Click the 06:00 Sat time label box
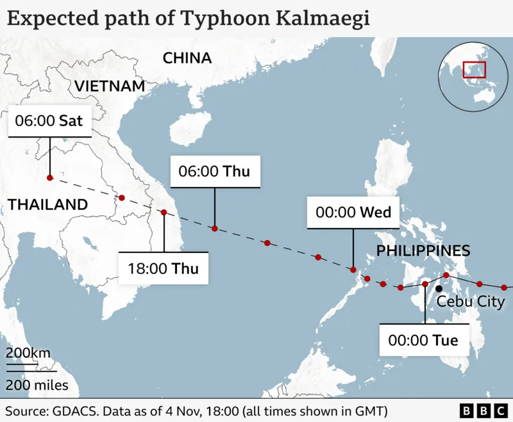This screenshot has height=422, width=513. [x=49, y=120]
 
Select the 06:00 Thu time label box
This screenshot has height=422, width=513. [x=215, y=172]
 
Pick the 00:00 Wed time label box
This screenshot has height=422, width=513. [x=353, y=212]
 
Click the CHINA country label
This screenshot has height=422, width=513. [x=187, y=58]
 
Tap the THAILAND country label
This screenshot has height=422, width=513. [x=47, y=205]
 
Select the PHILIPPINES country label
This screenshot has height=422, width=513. [x=423, y=251]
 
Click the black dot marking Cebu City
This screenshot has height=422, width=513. [x=439, y=288]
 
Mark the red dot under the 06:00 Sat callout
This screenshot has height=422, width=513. [x=49, y=177]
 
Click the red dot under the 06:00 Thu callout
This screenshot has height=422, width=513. [x=215, y=229]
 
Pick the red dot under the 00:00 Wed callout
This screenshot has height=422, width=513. [x=353, y=270]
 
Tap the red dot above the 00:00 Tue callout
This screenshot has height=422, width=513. [x=425, y=284]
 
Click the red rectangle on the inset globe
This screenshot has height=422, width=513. [x=475, y=69]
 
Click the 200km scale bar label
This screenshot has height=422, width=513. [x=28, y=353]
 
